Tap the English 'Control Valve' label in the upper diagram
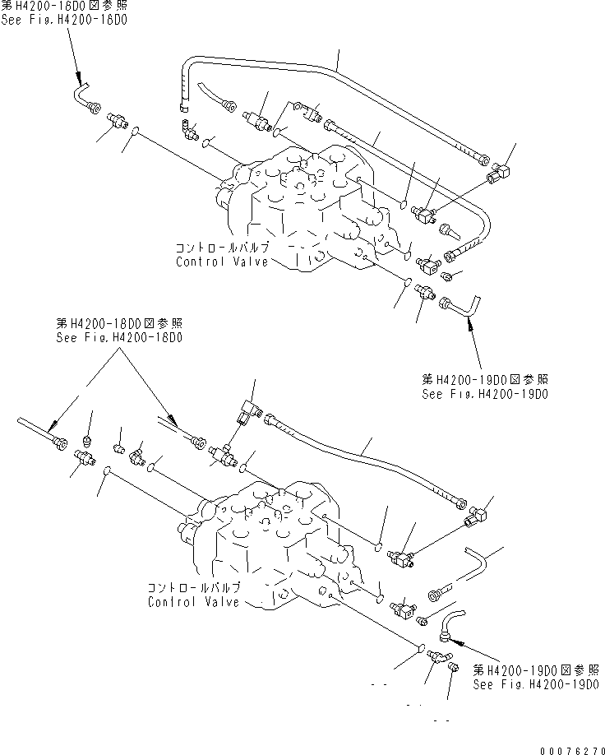222,262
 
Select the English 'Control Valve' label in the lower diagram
194,602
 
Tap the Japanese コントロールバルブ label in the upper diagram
222,248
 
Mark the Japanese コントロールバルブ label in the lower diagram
194,588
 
